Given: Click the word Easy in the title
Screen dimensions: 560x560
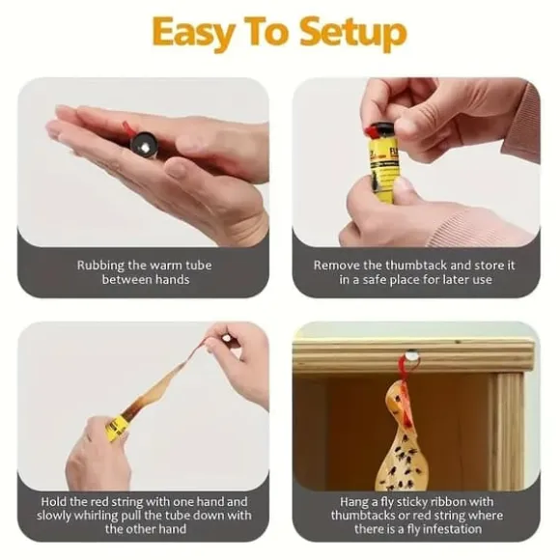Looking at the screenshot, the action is pyautogui.click(x=192, y=33).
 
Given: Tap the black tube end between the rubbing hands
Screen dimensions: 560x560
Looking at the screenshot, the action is pyautogui.click(x=144, y=145).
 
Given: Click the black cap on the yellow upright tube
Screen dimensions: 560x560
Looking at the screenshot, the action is pyautogui.click(x=380, y=130).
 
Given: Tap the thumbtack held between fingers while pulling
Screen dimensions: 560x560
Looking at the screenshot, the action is pyautogui.click(x=225, y=339).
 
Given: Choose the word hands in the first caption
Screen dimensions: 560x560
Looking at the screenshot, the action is pyautogui.click(x=173, y=279).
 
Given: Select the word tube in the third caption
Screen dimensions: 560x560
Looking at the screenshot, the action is pyautogui.click(x=204, y=516).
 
